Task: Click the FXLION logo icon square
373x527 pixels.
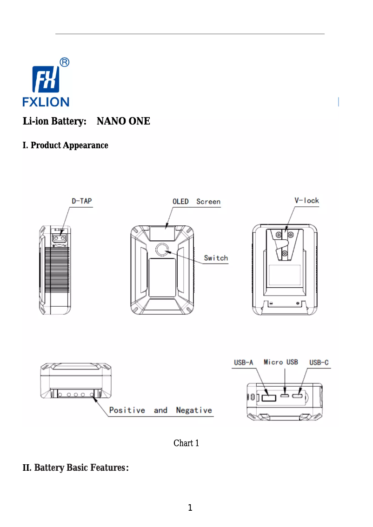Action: (x=46, y=79)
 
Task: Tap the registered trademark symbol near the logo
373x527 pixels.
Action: (x=65, y=62)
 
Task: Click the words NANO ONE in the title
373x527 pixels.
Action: (x=123, y=121)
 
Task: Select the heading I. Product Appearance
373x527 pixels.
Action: (x=66, y=145)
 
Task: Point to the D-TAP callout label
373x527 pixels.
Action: (x=81, y=201)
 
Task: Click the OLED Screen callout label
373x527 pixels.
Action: (x=196, y=201)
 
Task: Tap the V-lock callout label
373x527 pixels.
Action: (x=306, y=200)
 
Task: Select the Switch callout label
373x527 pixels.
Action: (x=216, y=258)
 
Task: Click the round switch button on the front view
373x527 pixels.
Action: (x=162, y=250)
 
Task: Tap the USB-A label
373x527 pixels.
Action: (x=243, y=362)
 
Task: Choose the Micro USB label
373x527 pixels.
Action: (x=281, y=362)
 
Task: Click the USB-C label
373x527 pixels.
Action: (x=319, y=362)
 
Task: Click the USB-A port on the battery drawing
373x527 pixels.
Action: (x=268, y=398)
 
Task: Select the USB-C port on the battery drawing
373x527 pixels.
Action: (x=298, y=397)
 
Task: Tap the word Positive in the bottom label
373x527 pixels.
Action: (x=127, y=410)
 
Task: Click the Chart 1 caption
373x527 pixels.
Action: (x=186, y=443)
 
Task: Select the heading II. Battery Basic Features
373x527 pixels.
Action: (x=76, y=468)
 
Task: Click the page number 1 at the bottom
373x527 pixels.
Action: (x=190, y=507)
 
